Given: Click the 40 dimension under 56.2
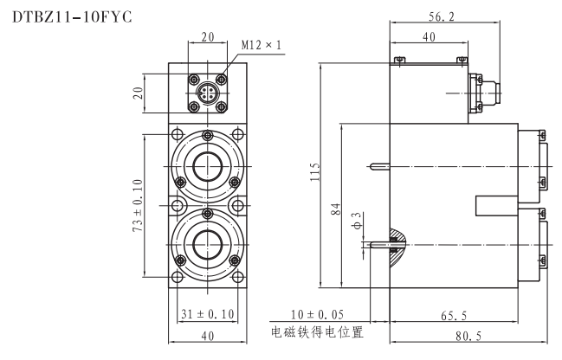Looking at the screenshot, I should coord(429,37).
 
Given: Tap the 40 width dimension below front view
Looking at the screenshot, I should coord(207,337).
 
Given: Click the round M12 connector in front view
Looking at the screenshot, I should coord(208,93).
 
